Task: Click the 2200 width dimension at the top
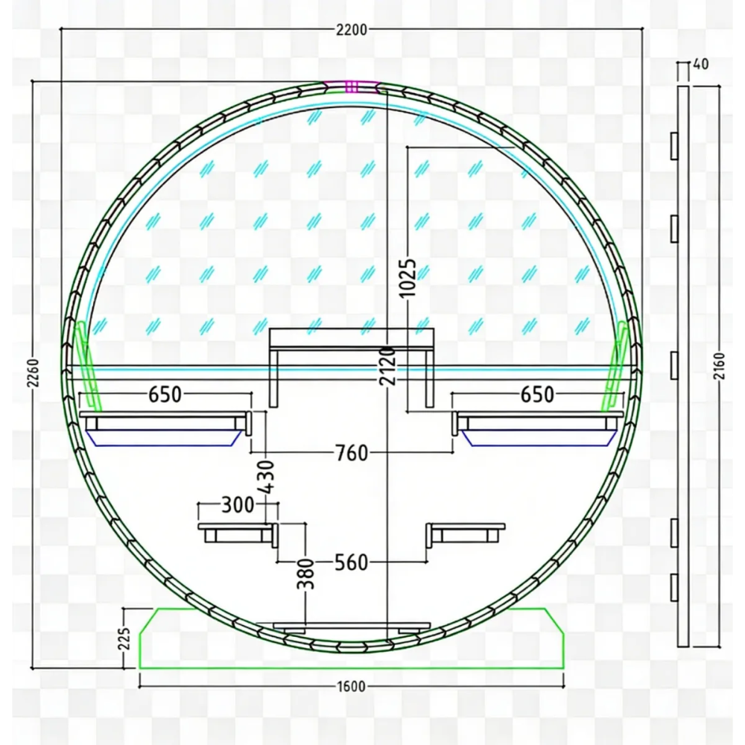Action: (x=352, y=30)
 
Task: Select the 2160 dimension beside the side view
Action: (x=720, y=366)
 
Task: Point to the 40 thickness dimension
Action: (x=701, y=64)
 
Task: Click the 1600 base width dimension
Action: (x=351, y=687)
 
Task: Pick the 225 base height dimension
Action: (x=124, y=639)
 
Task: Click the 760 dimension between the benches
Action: (x=352, y=453)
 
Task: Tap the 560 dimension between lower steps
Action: (x=352, y=562)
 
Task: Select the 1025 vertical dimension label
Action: (x=408, y=278)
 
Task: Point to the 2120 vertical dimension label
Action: (x=387, y=366)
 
